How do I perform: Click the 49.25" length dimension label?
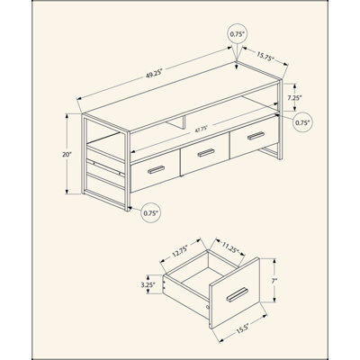[154, 74]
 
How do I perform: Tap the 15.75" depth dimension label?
[265, 57]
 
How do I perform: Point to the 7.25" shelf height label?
[294, 97]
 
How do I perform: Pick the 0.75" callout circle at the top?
[238, 34]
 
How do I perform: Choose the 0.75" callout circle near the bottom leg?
[151, 212]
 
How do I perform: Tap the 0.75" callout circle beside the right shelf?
[302, 122]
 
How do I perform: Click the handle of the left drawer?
[157, 170]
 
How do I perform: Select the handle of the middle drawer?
[206, 153]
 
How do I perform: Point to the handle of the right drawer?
[256, 136]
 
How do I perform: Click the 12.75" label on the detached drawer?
[180, 251]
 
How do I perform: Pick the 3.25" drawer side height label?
[148, 284]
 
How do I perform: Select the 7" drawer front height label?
[274, 281]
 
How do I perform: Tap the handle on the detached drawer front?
[237, 294]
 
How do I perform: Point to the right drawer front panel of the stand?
[255, 137]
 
